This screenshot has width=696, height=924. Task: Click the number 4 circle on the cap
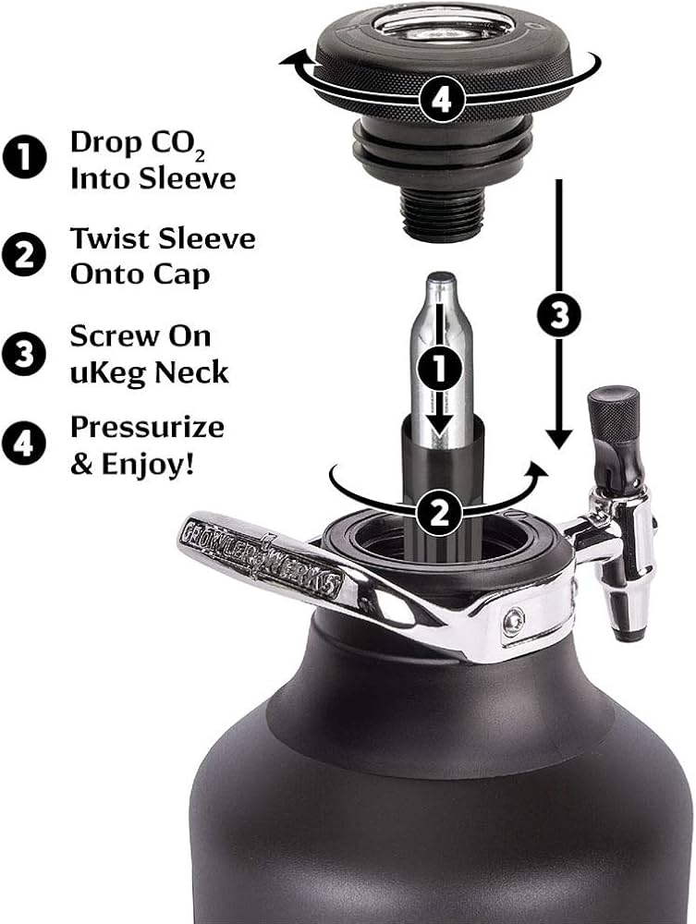[x=442, y=99]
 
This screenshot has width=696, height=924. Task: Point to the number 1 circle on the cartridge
[x=441, y=368]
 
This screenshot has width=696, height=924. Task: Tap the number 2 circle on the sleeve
[x=440, y=511]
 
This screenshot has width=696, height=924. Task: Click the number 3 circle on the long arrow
[x=557, y=316]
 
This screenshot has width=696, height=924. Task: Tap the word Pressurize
[x=146, y=428]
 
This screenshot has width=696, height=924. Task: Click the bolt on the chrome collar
[x=515, y=620]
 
